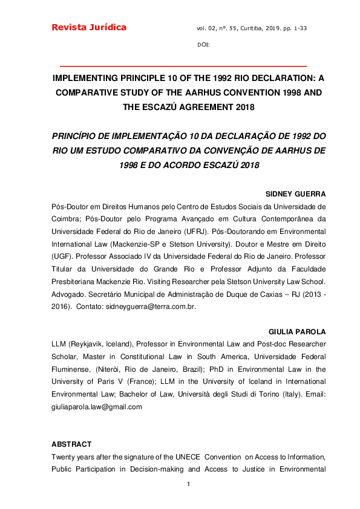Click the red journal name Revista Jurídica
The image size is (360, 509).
coord(89,27)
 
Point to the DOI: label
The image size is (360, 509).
coord(203,45)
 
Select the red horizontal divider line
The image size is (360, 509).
coord(184,65)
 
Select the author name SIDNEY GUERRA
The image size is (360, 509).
coord(296,194)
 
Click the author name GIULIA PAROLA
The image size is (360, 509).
coord(296,332)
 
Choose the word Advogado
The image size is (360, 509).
coord(71,296)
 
